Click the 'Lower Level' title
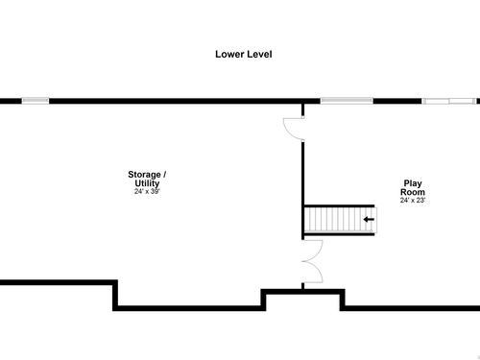click(x=244, y=54)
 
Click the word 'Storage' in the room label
click(x=144, y=175)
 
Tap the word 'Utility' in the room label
click(x=147, y=183)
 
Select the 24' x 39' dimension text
click(x=147, y=191)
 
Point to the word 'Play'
click(x=413, y=183)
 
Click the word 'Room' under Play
click(x=413, y=192)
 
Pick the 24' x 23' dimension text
click(x=413, y=200)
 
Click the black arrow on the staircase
click(x=369, y=219)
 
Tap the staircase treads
click(x=339, y=220)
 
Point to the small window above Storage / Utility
click(x=36, y=101)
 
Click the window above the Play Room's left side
click(x=347, y=101)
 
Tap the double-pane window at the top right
click(x=449, y=101)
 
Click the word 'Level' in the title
click(x=259, y=54)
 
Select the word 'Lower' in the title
click(x=229, y=54)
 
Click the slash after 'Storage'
click(x=165, y=175)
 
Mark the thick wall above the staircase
click(x=339, y=206)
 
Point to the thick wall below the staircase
click(x=339, y=234)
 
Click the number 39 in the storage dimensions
click(x=155, y=191)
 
